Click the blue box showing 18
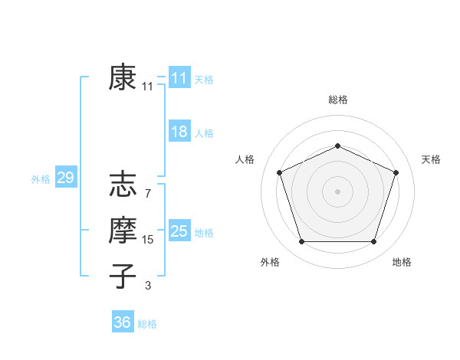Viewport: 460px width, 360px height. [x=179, y=132]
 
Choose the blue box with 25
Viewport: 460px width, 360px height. [x=179, y=231]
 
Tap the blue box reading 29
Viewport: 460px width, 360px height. [x=65, y=178]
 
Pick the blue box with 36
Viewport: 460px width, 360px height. [x=123, y=322]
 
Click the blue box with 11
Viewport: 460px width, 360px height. [x=179, y=78]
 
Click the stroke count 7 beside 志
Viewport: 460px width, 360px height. [x=147, y=194]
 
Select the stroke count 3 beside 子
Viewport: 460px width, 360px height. [x=147, y=286]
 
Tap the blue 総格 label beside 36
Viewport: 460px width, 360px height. [x=147, y=324]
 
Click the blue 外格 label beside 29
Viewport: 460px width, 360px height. [x=41, y=179]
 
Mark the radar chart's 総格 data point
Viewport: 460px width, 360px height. [x=337, y=146]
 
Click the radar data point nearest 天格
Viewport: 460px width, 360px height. [x=396, y=172]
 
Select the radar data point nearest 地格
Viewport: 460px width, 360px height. [x=373, y=242]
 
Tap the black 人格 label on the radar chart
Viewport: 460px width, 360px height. [x=245, y=159]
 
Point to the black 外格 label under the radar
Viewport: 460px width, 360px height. [x=270, y=263]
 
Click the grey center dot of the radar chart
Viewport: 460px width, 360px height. [x=337, y=191]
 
